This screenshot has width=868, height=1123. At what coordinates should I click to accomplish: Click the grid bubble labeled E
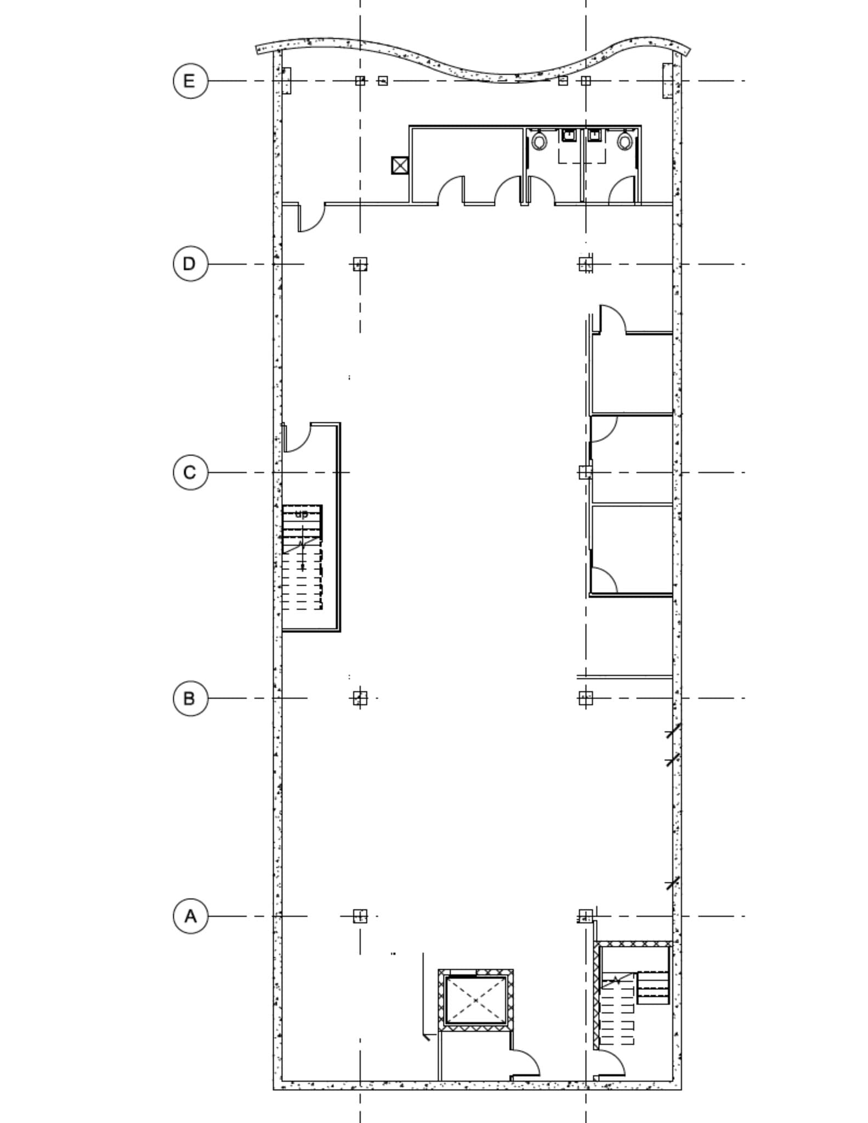point(190,81)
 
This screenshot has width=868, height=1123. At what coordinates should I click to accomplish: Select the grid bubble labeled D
point(190,264)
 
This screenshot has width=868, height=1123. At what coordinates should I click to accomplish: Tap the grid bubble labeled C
point(190,472)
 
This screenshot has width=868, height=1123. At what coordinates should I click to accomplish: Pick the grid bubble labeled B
point(190,698)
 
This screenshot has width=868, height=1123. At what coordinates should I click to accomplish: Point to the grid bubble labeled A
point(190,916)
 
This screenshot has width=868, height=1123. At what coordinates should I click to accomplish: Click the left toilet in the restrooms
point(540,141)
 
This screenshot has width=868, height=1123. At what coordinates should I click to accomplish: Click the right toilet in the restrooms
point(625,141)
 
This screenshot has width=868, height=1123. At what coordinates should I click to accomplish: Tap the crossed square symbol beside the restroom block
point(400,165)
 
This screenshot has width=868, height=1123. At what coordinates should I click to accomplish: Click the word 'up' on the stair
point(302,514)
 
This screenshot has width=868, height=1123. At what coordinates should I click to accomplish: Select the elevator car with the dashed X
point(475,1000)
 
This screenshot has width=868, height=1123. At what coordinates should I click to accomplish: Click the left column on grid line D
point(360,264)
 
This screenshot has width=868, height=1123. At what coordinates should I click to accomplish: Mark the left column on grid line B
point(360,698)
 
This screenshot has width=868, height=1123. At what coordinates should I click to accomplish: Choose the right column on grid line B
point(586,698)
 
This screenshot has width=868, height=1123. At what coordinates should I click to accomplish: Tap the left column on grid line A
point(360,916)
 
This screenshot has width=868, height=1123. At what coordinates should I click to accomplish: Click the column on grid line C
point(586,472)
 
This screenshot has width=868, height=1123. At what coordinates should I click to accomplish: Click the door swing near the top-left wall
point(311,218)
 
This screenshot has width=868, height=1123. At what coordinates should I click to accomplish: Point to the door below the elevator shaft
point(525,1064)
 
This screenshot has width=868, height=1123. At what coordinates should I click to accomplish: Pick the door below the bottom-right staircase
point(610,1064)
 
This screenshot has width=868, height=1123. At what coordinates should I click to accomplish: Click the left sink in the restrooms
point(569,135)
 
